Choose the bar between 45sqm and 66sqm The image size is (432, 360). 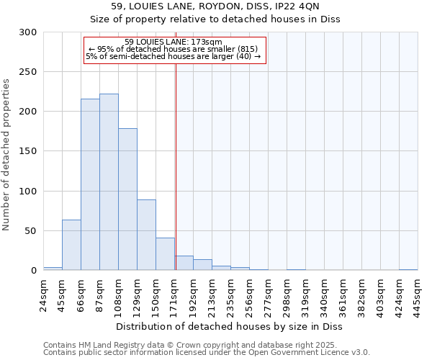[x=71, y=245]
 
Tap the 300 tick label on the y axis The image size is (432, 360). [x=28, y=32]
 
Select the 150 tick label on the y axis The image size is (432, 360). [x=28, y=151]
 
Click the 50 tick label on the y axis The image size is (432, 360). [x=31, y=231]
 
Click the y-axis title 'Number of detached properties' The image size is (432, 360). [x=7, y=152]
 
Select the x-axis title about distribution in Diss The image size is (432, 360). [x=230, y=326]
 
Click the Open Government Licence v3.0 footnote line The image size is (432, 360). [x=207, y=352]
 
